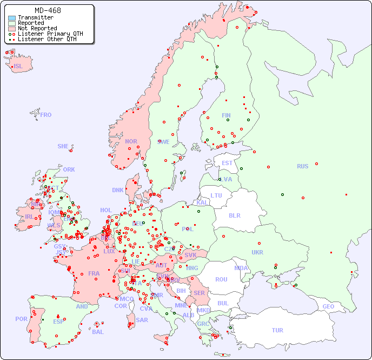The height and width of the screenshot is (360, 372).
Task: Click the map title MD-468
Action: (x=48, y=10)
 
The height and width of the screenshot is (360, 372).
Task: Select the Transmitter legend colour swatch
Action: (x=12, y=18)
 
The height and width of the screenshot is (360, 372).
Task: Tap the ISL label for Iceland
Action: (x=18, y=67)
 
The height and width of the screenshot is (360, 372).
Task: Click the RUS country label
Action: (x=302, y=167)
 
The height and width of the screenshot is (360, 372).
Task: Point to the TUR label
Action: (x=277, y=330)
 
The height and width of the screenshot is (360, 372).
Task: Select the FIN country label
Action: (x=226, y=115)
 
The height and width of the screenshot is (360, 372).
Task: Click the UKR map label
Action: (x=257, y=252)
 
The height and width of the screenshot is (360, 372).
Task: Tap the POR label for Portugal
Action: (x=21, y=319)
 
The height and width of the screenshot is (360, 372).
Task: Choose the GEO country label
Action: (x=328, y=307)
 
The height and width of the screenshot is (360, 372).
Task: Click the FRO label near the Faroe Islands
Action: (x=46, y=115)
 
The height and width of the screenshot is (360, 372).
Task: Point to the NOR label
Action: (x=131, y=141)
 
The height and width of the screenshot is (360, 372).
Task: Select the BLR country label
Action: (x=235, y=215)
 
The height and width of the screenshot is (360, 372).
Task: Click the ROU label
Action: (x=221, y=279)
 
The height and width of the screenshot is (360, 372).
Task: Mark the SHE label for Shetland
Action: (x=63, y=146)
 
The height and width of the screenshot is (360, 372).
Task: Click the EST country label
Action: (x=227, y=163)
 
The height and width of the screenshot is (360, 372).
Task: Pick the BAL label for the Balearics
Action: (x=97, y=332)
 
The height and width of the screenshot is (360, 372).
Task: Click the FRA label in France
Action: (x=94, y=273)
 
